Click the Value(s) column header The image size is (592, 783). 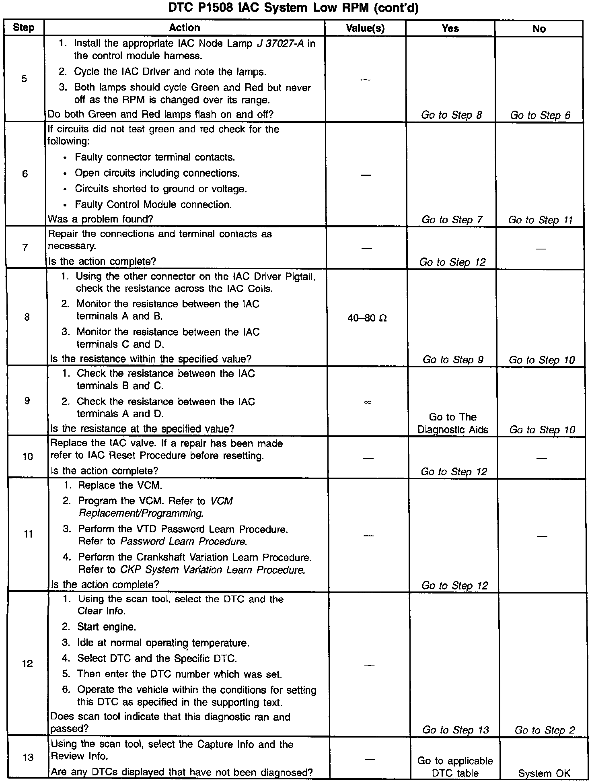(x=365, y=28)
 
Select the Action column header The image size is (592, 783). (x=185, y=28)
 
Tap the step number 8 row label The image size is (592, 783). (x=27, y=317)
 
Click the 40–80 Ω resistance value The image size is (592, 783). (x=367, y=318)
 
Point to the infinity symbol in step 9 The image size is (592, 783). (x=367, y=402)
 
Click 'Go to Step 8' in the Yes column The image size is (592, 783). (x=451, y=115)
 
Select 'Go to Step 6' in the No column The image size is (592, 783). (x=540, y=115)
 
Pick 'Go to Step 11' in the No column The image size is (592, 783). (x=540, y=220)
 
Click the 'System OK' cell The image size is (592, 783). (x=544, y=773)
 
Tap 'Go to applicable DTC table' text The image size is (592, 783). (x=455, y=767)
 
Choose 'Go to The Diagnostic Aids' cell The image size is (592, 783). (x=453, y=423)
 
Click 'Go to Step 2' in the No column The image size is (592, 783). (x=545, y=730)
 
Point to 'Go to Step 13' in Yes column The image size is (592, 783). (x=455, y=730)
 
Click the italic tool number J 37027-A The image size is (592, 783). (x=280, y=43)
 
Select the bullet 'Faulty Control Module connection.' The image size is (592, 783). (x=153, y=205)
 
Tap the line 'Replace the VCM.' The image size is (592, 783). (x=120, y=486)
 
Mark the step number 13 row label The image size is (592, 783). (x=28, y=757)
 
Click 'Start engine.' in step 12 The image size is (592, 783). (x=107, y=627)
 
